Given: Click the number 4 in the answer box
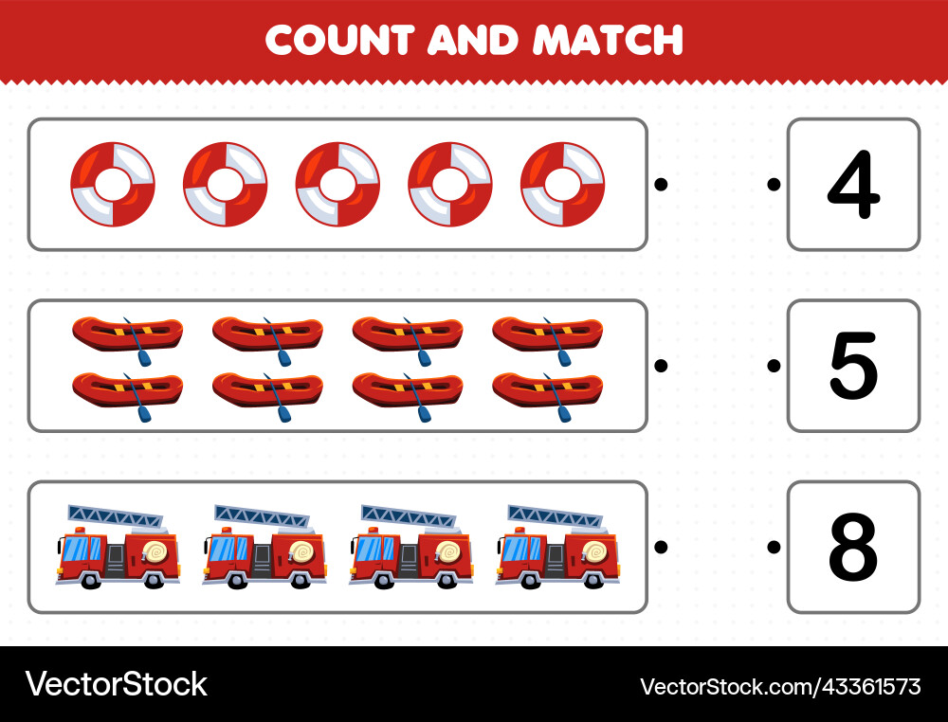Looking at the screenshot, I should point(853,185).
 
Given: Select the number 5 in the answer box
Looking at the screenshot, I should point(853,366).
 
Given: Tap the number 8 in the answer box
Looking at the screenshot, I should point(853,548).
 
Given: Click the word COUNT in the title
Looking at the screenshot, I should point(338,40).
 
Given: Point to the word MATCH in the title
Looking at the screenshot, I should point(608,40).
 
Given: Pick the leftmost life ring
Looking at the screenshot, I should point(113,185).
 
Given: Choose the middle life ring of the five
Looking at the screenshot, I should point(337,185).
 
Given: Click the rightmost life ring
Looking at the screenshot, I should point(562,185).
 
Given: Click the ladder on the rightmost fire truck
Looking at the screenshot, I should point(555,516).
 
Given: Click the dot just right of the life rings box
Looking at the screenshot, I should point(661,185).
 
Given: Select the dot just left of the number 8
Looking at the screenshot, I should point(775,547).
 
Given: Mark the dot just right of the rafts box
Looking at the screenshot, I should point(661,366).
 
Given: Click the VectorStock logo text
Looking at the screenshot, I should point(116,684).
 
